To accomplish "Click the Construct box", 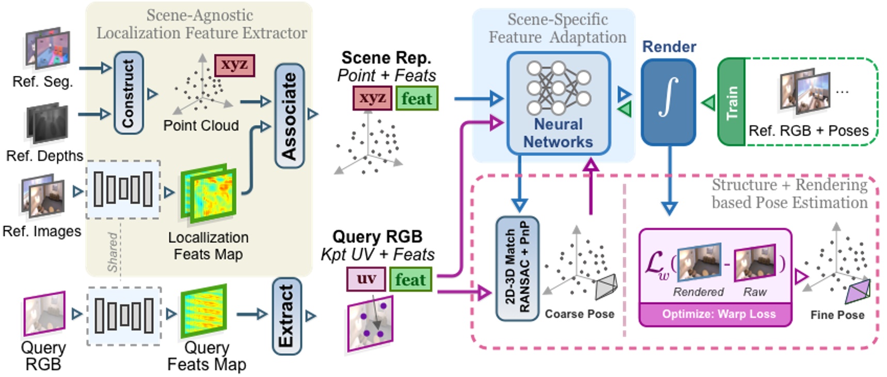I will (128, 93).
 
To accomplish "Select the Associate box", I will (289, 116).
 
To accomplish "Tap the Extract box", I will (286, 316).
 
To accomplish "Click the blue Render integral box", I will (668, 102).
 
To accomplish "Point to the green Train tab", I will (731, 102).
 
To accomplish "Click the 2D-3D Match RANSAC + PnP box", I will (517, 268).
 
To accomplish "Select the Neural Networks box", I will (558, 103).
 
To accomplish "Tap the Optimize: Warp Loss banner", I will (716, 315).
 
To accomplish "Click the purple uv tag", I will (366, 279).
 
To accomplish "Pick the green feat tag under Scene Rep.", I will (417, 99).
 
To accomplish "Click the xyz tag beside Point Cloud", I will (234, 65).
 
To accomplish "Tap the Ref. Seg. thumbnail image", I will (47, 50).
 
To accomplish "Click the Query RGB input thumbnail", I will (44, 313).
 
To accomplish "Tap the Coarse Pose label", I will (579, 314).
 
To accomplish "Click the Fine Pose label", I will (837, 315).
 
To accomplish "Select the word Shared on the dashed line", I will (113, 252).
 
